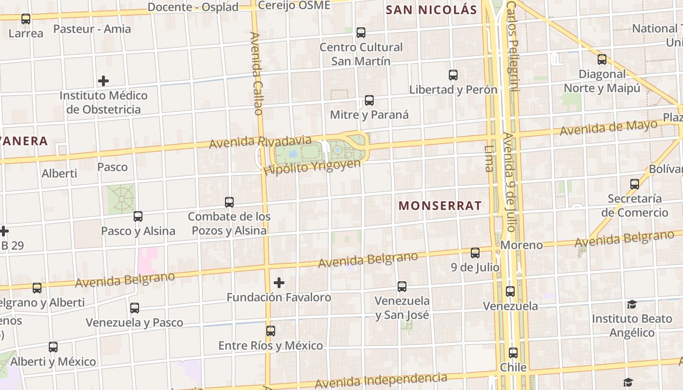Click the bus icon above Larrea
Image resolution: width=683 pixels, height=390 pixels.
click(26, 19)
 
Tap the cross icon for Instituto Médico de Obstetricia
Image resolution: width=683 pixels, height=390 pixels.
click(103, 81)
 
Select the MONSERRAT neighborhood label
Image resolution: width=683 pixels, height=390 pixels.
click(440, 206)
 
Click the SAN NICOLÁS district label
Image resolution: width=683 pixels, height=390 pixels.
click(431, 10)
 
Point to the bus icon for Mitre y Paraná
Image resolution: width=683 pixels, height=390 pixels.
click(369, 100)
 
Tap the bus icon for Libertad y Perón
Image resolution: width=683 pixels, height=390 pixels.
click(453, 75)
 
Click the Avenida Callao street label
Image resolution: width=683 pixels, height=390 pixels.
click(256, 73)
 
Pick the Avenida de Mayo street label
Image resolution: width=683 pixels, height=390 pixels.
click(608, 128)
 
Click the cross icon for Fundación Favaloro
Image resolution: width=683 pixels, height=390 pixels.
click(279, 283)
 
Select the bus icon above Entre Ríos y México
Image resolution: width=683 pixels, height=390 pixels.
click(271, 331)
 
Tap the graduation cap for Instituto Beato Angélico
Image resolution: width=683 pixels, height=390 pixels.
click(632, 305)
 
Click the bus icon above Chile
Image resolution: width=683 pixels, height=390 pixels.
click(513, 352)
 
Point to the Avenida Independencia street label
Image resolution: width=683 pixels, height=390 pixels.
click(381, 380)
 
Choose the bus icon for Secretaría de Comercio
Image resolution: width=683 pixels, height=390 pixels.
click(635, 184)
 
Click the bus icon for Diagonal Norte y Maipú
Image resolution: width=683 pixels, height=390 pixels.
click(602, 59)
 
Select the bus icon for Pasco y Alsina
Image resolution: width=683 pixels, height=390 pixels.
click(138, 216)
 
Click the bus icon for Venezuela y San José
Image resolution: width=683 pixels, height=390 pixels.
click(402, 287)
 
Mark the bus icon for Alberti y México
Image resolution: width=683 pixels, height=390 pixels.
click(53, 347)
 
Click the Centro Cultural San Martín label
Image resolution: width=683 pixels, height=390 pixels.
click(361, 54)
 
